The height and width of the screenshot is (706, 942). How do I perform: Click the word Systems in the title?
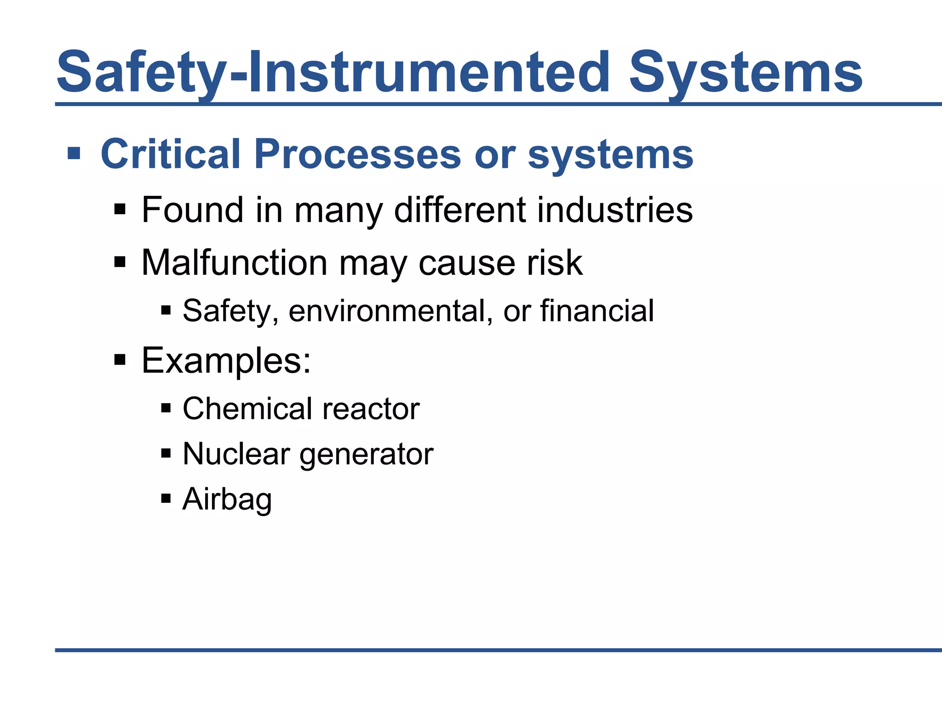(745, 73)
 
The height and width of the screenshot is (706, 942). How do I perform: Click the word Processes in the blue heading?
(357, 154)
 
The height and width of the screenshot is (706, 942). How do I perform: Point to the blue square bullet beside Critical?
(74, 153)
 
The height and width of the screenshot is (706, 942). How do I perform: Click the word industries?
(615, 210)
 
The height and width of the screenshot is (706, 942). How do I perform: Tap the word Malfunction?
(234, 262)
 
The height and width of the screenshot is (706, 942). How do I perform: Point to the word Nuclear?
(236, 454)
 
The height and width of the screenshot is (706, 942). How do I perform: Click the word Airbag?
(227, 499)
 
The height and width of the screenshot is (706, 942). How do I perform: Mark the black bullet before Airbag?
(166, 498)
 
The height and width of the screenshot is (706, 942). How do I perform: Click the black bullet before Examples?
(120, 359)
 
